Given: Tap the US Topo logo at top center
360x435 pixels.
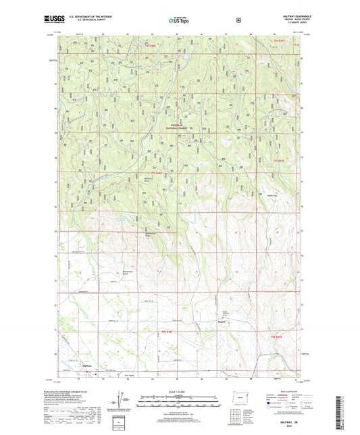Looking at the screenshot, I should pyautogui.click(x=180, y=20).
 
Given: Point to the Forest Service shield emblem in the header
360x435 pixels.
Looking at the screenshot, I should pyautogui.click(x=237, y=20).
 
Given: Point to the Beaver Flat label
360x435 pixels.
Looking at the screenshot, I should pyautogui.click(x=272, y=191).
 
